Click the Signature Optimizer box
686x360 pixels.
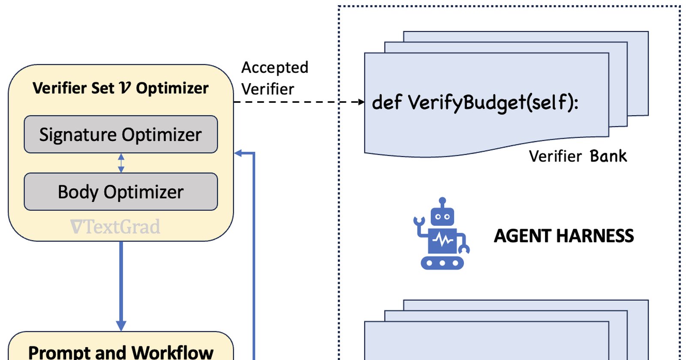121,134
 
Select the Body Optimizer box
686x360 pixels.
121,192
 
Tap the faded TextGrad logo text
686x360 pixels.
115,227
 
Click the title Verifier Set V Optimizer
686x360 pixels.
120,88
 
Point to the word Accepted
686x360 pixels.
275,68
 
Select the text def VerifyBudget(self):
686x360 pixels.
475,102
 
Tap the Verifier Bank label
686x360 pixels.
578,156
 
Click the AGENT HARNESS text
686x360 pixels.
564,236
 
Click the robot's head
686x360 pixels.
442,216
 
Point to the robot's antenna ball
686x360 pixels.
442,201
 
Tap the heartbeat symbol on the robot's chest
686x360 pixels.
442,240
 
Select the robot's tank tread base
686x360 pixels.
442,263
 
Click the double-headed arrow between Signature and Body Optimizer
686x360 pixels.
121,163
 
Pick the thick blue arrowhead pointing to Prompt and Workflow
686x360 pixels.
121,326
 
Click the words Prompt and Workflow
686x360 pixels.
120,353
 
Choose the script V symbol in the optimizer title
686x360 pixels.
125,88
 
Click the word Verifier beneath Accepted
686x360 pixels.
268,90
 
